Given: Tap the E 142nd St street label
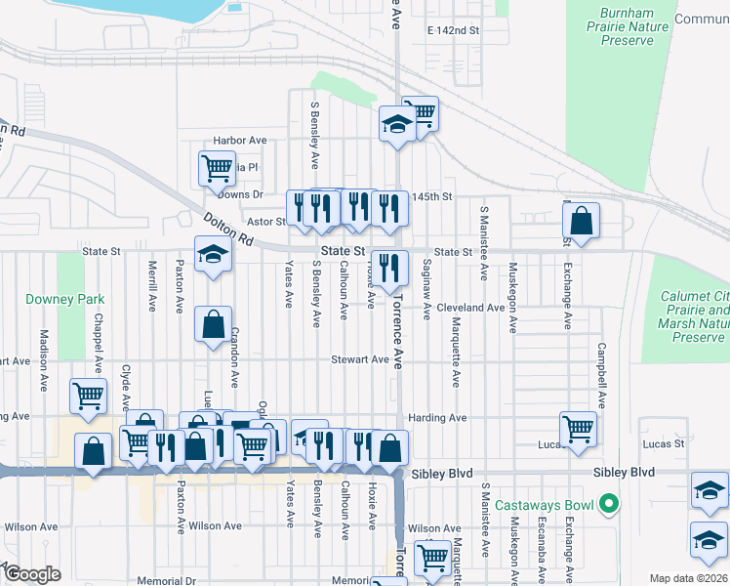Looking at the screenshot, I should pyautogui.click(x=454, y=31).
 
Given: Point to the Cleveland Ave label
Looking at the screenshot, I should pyautogui.click(x=470, y=307).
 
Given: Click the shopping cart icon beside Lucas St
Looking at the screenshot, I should pyautogui.click(x=579, y=428).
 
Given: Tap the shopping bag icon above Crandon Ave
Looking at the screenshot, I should pyautogui.click(x=214, y=323).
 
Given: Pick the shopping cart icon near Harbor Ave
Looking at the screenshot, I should pyautogui.click(x=217, y=167).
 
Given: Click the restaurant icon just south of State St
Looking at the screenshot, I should pyautogui.click(x=389, y=267).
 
